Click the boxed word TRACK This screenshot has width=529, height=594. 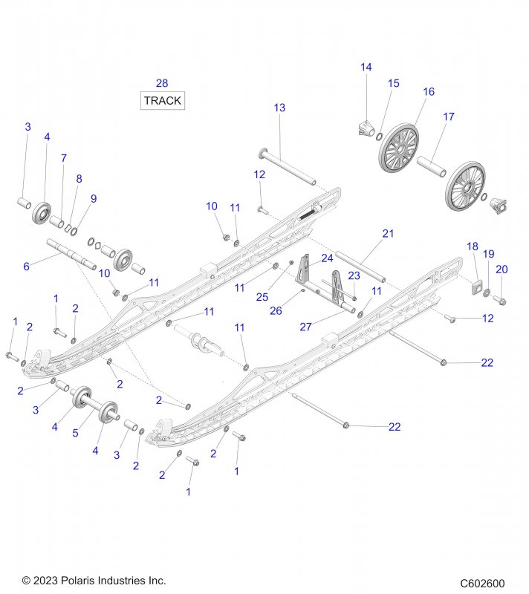pos(163,101)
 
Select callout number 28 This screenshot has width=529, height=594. pos(162,83)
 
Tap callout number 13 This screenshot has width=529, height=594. pos(279,108)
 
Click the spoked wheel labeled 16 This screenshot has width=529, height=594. pos(399,148)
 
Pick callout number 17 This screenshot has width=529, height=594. pos(449,117)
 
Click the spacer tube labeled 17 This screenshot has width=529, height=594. pos(432,166)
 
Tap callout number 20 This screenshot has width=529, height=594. pos(502,270)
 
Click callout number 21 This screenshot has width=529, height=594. pos(388,233)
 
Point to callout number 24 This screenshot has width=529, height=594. pos(327,258)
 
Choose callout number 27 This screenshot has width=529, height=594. pos(305,327)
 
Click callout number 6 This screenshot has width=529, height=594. pos(26,267)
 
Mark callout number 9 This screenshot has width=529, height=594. pos(93,199)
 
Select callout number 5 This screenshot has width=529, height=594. pos(75,433)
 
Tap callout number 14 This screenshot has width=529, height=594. pos(366,67)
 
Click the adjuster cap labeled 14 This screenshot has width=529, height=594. pos(366,128)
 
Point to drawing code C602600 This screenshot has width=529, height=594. pos(482,583)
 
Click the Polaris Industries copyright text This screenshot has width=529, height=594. pos(94,581)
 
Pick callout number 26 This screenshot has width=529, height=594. pos(276,311)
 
